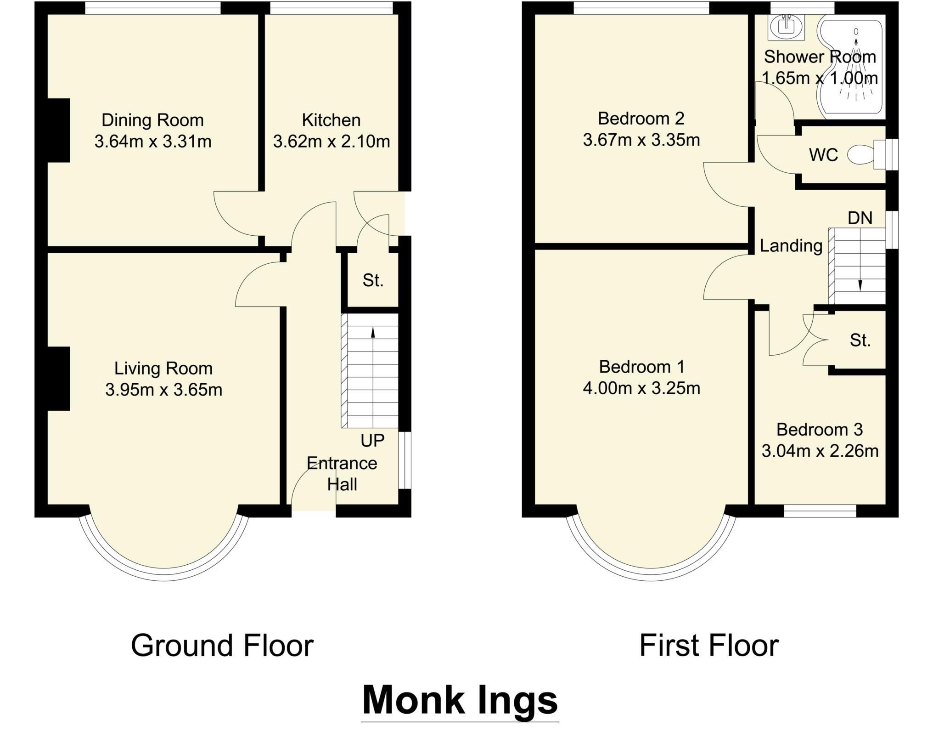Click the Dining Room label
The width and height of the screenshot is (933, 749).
coord(152,120)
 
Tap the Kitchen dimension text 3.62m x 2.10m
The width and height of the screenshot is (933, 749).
coord(332,142)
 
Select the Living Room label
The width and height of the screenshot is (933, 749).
coord(163,369)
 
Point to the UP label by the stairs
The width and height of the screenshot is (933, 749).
coord(372,441)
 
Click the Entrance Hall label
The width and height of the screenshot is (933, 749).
coord(342,474)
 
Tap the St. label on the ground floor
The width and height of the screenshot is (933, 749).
coord(373,280)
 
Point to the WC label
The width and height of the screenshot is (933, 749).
coord(824,155)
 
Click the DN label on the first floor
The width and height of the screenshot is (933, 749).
coord(860,218)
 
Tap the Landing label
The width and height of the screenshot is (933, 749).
coord(791,246)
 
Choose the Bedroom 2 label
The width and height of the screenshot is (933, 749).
coord(641,119)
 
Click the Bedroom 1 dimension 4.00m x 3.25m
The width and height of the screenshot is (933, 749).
coord(641,389)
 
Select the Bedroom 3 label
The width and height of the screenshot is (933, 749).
coord(820,430)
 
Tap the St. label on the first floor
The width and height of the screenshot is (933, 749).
coord(860,340)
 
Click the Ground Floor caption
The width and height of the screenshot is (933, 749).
coord(222,646)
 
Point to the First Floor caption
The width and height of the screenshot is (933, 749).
coord(709,646)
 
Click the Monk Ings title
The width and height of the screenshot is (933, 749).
coord(460,702)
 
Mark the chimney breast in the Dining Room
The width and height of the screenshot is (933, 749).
coord(59,130)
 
